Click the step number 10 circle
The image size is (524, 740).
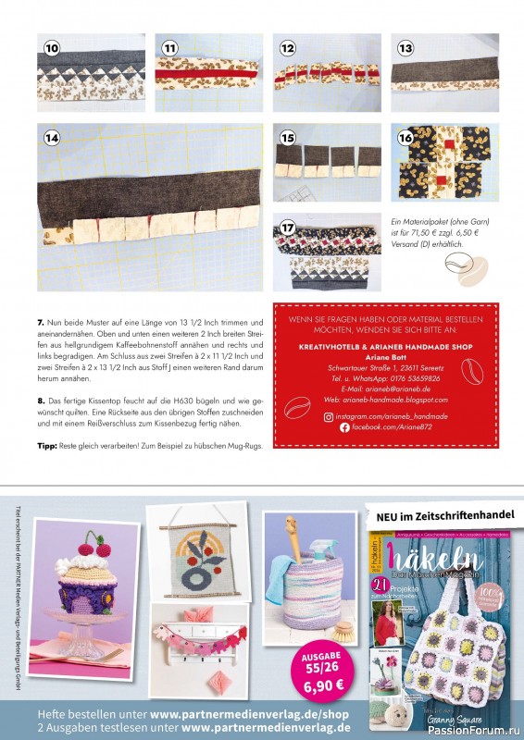tap(51, 47)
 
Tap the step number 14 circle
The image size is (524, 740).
tap(51, 137)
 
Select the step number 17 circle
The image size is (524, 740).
tap(287, 226)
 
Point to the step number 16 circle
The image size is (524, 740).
tap(405, 137)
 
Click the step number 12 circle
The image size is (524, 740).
tap(287, 47)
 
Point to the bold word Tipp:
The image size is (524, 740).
tap(46, 446)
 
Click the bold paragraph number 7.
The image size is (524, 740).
tap(40, 323)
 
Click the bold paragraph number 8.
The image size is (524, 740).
tap(40, 397)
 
